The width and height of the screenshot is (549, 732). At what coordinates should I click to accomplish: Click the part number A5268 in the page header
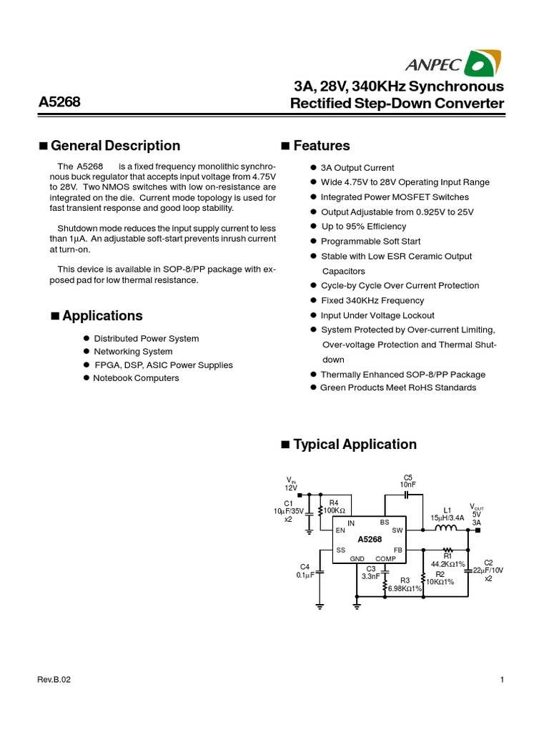coord(59,103)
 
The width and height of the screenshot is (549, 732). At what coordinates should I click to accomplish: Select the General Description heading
coord(116,146)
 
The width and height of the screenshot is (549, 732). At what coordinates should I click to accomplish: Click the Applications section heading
coord(102,316)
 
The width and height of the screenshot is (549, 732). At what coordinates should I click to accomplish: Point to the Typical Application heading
coord(355,445)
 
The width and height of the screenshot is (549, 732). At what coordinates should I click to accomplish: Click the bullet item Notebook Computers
coord(136,378)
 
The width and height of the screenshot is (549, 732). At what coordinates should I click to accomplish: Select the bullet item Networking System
coord(133,352)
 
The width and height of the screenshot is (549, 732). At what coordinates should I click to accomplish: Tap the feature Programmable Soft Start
coord(370,242)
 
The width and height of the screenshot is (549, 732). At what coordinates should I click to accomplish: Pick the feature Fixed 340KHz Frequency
coord(372,301)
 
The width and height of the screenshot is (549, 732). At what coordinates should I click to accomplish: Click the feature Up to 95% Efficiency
coord(363,227)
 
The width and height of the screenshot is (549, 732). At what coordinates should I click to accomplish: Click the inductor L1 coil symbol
coord(447,530)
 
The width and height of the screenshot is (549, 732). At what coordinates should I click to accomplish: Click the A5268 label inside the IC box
coord(370,539)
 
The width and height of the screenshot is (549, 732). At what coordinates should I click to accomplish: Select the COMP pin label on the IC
coord(385,559)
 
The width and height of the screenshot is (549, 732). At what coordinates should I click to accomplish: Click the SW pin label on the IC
coord(397,530)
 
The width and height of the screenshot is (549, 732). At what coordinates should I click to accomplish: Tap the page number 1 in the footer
coord(503,680)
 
